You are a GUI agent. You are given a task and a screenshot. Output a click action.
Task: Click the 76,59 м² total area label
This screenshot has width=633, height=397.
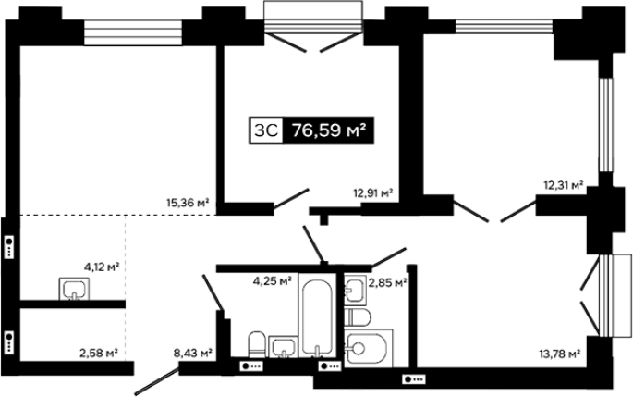[329, 130]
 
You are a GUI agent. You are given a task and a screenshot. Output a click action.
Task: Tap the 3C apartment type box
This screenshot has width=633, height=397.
[266, 130]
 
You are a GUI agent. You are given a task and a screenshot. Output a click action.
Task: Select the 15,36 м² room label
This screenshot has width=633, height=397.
[188, 202]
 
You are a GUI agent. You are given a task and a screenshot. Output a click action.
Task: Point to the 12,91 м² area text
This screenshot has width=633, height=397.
[373, 193]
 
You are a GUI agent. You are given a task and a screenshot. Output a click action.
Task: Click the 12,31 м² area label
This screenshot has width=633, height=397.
[564, 186]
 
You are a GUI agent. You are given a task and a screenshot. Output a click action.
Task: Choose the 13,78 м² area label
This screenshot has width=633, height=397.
[560, 354]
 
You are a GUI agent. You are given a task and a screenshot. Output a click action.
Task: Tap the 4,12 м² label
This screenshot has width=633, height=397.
[102, 267]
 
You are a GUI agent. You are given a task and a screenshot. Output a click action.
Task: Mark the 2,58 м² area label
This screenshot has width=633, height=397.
[99, 354]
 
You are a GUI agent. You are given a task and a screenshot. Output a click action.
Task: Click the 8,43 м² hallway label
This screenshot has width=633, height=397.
[193, 354]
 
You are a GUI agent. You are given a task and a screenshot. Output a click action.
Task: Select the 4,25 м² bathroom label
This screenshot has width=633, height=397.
[273, 280]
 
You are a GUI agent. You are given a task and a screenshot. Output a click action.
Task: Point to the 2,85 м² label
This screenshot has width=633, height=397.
[387, 282]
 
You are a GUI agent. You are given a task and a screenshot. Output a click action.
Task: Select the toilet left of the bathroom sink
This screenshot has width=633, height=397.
[256, 344]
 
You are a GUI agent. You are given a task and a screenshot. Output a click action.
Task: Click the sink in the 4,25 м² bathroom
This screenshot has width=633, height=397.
[283, 347]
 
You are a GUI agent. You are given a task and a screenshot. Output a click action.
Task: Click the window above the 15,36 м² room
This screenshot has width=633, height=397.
[133, 32]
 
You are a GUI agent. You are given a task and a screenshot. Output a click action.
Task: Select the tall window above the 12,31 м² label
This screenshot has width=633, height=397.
[605, 125]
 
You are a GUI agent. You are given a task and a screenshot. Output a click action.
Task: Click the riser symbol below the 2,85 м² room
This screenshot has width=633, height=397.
[414, 379]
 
